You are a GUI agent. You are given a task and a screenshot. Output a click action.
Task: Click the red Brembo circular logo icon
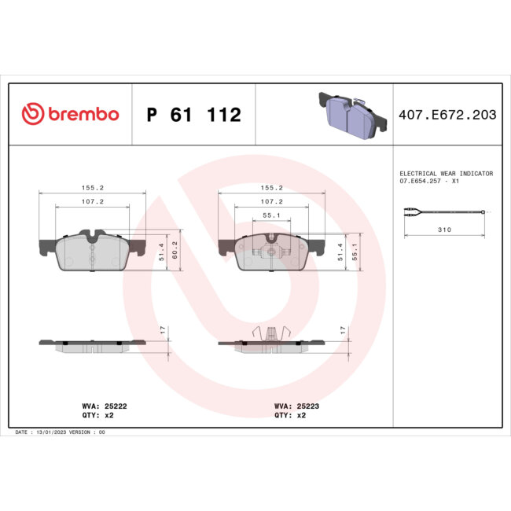pyautogui.click(x=31, y=115)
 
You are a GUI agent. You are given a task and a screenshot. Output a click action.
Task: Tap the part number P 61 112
pyautogui.click(x=194, y=116)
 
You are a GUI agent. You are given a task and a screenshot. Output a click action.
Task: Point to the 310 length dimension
pyautogui.click(x=444, y=230)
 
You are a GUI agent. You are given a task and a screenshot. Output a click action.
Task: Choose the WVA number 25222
pyautogui.click(x=113, y=406)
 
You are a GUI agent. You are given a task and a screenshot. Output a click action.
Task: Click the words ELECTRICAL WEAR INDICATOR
pyautogui.click(x=446, y=173)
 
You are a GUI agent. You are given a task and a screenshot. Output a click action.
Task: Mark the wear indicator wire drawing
pyautogui.click(x=445, y=212)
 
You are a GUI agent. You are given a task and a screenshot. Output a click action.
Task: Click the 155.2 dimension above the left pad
pyautogui.click(x=93, y=188)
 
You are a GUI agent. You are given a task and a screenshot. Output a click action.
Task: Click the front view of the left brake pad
pyautogui.click(x=92, y=250)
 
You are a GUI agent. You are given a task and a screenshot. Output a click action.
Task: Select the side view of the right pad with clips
pyautogui.click(x=270, y=341)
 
